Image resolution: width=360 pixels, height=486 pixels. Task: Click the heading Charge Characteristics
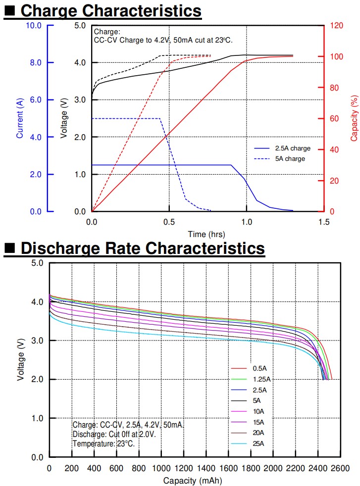pos(111,10)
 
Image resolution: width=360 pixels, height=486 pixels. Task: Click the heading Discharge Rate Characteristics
pos(143,248)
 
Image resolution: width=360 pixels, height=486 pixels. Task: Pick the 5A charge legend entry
pos(290,159)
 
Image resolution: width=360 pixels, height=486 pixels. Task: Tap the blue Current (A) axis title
pos(20,118)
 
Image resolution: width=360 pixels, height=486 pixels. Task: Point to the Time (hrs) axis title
pos(207,234)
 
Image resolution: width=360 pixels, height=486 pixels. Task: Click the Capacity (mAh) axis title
pos(193,481)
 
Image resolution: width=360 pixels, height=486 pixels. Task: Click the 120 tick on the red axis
pos(336,25)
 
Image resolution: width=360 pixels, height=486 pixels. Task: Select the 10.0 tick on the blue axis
pos(33,25)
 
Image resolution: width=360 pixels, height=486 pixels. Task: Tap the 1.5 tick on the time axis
pos(324,221)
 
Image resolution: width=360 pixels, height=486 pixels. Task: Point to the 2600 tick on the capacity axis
pos(340,468)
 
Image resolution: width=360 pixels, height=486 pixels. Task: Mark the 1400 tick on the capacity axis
pos(206,468)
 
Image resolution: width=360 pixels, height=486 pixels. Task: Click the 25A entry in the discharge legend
pos(258,444)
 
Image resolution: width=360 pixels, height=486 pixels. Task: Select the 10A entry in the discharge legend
pos(258,412)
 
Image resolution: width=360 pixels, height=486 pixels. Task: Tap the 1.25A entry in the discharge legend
pos(261,380)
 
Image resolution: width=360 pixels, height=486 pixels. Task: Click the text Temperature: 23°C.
pos(103,444)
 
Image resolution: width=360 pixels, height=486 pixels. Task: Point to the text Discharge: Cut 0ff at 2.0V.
pos(114,434)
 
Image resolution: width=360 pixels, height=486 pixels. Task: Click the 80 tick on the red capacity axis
pos(335,88)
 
